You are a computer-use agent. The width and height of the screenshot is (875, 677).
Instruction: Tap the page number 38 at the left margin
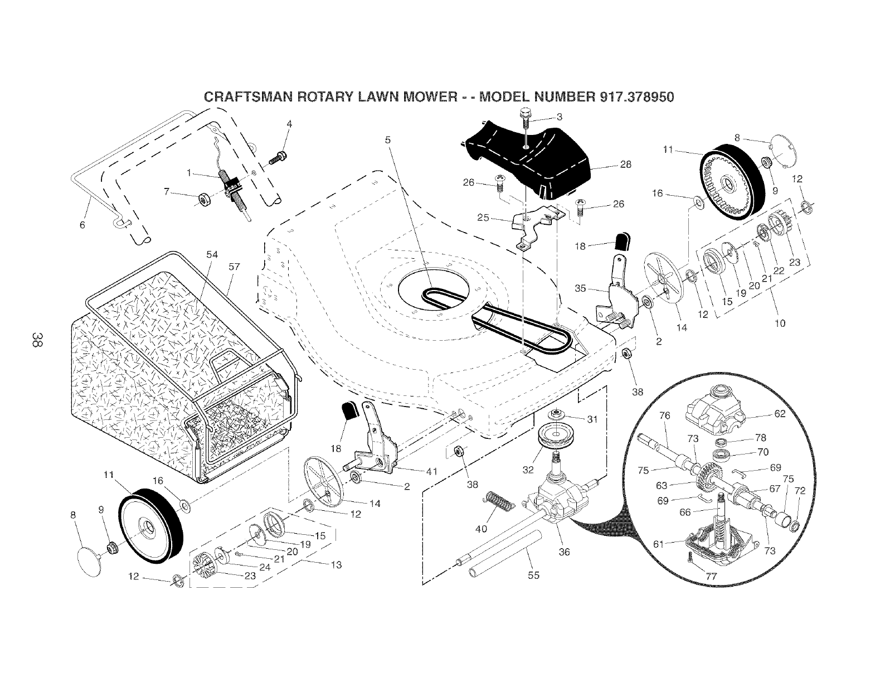[x=36, y=340]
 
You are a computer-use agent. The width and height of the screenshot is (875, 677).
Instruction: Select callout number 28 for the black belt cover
[x=625, y=165]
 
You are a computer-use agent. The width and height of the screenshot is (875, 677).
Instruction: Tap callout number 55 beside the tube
[x=533, y=576]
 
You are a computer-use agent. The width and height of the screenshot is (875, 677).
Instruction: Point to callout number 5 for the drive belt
[x=388, y=141]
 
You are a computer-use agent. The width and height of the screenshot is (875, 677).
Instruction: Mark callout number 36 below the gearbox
[x=564, y=553]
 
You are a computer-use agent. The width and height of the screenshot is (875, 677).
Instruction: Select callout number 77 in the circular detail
[x=711, y=577]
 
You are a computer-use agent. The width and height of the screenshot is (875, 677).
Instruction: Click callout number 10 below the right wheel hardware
[x=780, y=323]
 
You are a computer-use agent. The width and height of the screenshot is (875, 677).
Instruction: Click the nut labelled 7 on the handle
[x=203, y=198]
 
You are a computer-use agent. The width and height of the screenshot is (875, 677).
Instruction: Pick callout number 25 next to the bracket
[x=483, y=217]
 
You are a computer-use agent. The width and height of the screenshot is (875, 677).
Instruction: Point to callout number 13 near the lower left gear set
[x=336, y=564]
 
